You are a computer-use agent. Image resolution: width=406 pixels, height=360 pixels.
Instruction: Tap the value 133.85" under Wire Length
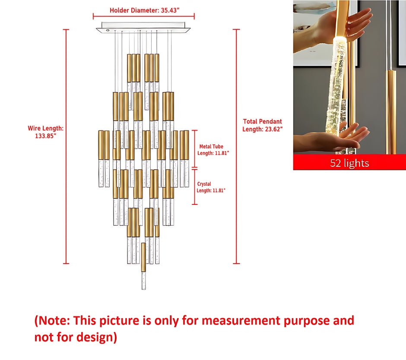click(x=46, y=136)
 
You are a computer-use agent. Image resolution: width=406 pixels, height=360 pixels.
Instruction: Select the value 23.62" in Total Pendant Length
click(x=273, y=129)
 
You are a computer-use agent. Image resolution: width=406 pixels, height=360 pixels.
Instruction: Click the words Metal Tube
click(x=211, y=147)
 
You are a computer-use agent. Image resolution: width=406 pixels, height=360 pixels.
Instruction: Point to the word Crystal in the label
click(x=204, y=184)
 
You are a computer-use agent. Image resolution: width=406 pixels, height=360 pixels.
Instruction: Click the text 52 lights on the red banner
click(x=349, y=163)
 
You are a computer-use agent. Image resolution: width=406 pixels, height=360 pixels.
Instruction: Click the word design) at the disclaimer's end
click(x=97, y=337)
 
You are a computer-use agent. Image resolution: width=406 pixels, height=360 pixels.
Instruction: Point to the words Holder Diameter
click(x=134, y=10)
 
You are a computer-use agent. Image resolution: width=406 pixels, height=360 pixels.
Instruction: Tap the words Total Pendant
click(x=262, y=121)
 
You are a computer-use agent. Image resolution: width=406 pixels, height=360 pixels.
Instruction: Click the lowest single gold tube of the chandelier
click(x=143, y=257)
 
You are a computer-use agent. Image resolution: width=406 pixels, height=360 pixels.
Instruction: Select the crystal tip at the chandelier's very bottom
click(x=143, y=280)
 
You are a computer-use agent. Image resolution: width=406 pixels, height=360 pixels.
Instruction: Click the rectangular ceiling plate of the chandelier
click(x=143, y=27)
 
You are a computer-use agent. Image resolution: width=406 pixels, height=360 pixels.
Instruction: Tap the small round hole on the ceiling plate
click(x=108, y=30)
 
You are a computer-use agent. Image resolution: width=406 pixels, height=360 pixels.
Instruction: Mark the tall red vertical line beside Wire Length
click(x=66, y=147)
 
